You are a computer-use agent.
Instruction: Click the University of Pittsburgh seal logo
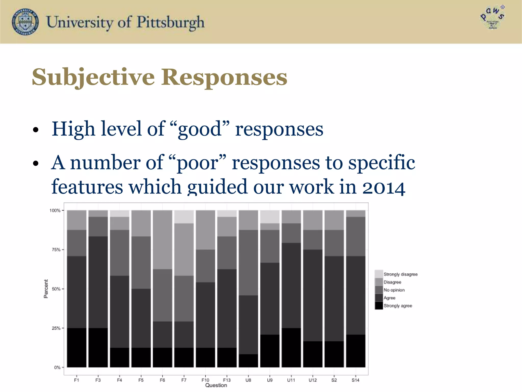[25, 22]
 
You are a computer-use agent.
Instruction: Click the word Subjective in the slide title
[93, 77]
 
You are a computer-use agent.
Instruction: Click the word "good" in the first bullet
[200, 129]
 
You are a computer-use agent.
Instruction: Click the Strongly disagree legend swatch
[379, 274]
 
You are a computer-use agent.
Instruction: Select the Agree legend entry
[389, 298]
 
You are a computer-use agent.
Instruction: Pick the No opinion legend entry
[394, 290]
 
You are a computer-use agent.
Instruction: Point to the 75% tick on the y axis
[56, 250]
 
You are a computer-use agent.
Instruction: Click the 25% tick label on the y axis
[56, 328]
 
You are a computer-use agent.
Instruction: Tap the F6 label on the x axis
[162, 380]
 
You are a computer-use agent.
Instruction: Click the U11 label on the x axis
[291, 380]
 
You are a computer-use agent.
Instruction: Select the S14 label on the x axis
[356, 380]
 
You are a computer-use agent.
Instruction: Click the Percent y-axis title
[46, 289]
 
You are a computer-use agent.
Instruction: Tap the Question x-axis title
[216, 385]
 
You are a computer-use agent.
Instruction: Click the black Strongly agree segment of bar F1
[77, 348]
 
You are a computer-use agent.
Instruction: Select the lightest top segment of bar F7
[184, 217]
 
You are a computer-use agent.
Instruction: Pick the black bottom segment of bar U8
[248, 361]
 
